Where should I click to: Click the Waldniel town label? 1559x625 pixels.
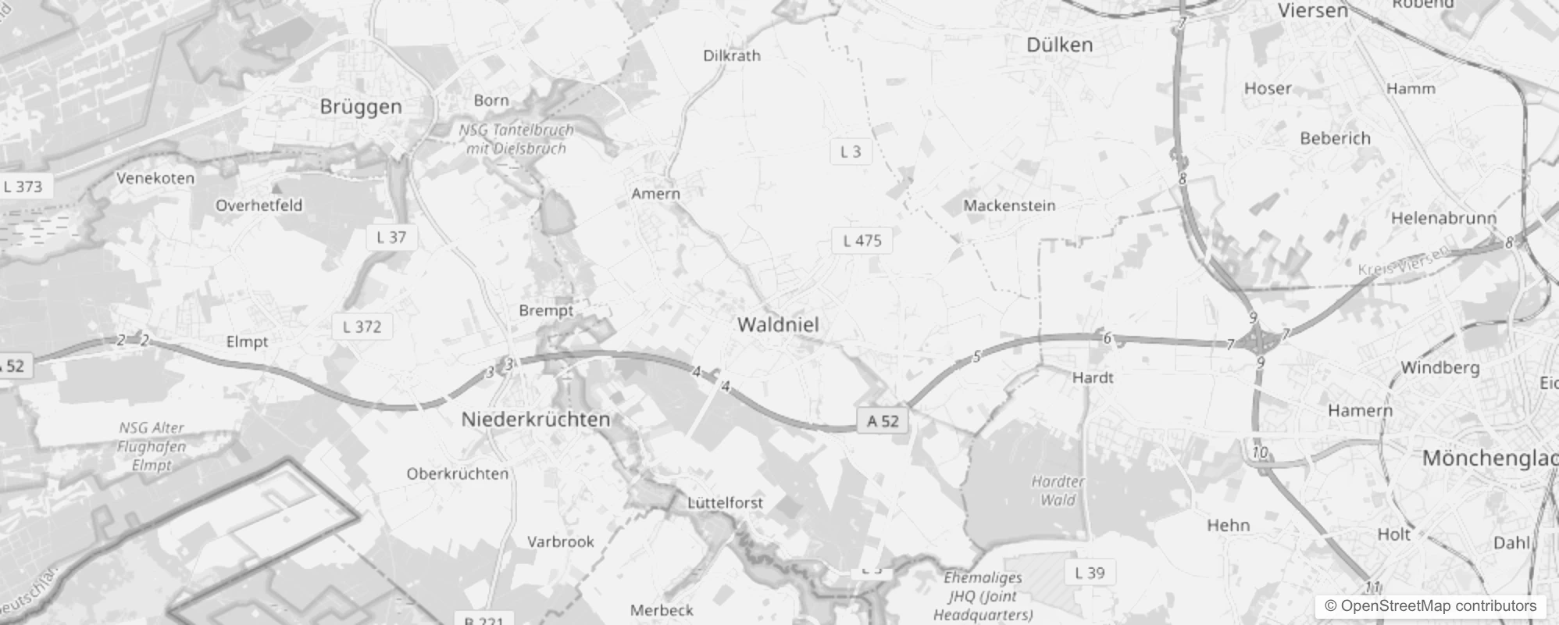tap(778, 324)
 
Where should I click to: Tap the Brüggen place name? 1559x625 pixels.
tap(361, 107)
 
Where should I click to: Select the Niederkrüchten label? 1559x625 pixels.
tap(536, 420)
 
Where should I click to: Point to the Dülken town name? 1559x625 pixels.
tap(1059, 45)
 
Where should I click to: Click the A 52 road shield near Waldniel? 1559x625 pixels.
tap(883, 421)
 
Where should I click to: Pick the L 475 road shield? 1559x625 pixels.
tap(862, 241)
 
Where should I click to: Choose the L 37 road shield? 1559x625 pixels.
tap(391, 237)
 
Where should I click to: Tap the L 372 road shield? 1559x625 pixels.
tap(362, 327)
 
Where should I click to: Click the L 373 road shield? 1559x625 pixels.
tap(23, 186)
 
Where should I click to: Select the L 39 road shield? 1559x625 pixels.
tap(1090, 573)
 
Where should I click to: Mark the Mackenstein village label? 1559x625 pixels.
tap(1009, 205)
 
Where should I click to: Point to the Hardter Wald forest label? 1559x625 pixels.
tap(1058, 491)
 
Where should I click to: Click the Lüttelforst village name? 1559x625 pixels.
tap(725, 502)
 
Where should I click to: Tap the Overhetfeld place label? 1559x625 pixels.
tap(259, 205)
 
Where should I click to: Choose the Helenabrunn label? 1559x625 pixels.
tap(1443, 218)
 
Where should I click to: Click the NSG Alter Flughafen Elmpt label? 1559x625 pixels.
tap(152, 446)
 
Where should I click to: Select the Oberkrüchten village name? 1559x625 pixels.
tap(457, 473)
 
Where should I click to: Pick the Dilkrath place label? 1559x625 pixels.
tap(732, 55)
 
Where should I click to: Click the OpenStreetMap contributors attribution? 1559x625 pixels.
tap(1430, 605)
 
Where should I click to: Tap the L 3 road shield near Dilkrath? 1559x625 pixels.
tap(851, 152)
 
